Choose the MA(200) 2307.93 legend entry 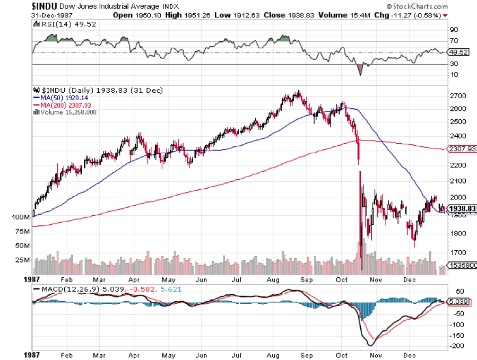click(65, 105)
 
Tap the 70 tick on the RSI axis click(453, 40)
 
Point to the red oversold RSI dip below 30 click(360, 68)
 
